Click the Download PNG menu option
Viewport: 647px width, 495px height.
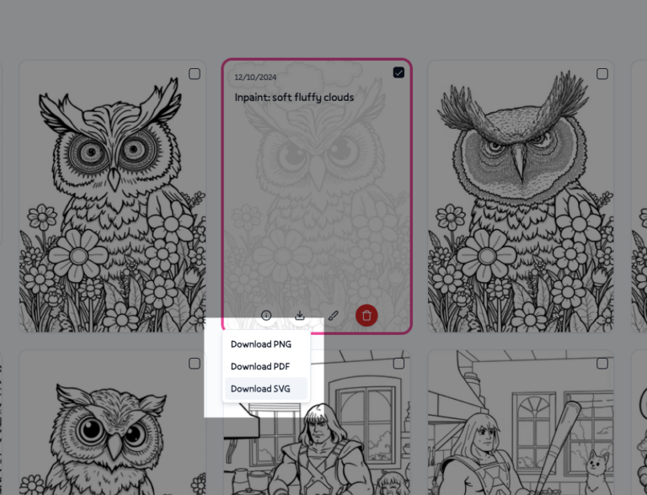(x=260, y=344)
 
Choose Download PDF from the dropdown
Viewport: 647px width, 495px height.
(x=260, y=366)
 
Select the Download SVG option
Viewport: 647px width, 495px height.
(x=260, y=389)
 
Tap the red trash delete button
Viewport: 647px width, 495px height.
(x=366, y=316)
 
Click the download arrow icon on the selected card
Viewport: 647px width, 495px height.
(x=300, y=316)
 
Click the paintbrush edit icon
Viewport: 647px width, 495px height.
(x=333, y=316)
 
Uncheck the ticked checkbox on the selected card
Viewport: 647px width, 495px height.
(x=398, y=73)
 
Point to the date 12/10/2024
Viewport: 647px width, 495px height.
(x=255, y=77)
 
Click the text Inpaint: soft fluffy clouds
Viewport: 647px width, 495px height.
(x=294, y=98)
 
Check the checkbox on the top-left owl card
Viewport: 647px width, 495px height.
(x=195, y=74)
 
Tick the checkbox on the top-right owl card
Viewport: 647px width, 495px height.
(x=602, y=74)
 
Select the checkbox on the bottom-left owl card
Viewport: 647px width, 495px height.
(x=195, y=364)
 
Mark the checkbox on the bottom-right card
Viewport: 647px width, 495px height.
(x=602, y=364)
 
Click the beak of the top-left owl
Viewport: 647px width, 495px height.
(x=114, y=178)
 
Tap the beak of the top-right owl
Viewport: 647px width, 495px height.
(x=519, y=168)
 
